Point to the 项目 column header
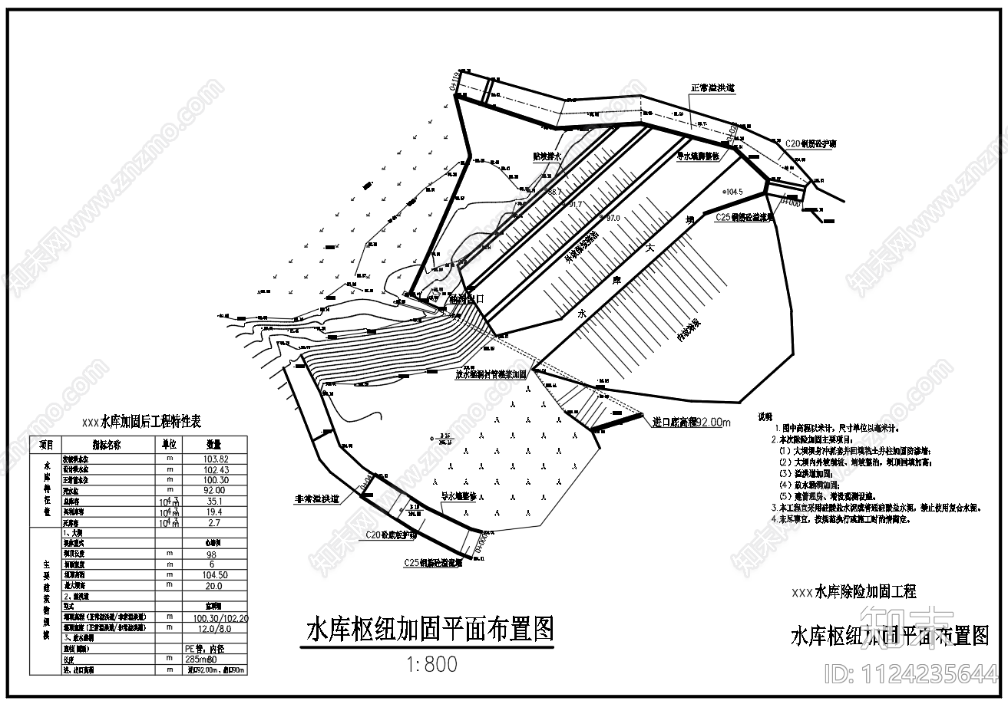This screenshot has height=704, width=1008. coord(46,444)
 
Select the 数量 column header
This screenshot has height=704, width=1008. coord(213,444)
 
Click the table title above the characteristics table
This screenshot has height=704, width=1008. coord(141,422)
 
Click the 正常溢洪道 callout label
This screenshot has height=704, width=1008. coord(713,88)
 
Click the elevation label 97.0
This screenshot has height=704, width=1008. coord(612,219)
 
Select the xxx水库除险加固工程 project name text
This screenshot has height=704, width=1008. coord(853,591)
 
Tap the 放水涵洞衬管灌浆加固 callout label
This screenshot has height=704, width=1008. coord(491,375)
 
